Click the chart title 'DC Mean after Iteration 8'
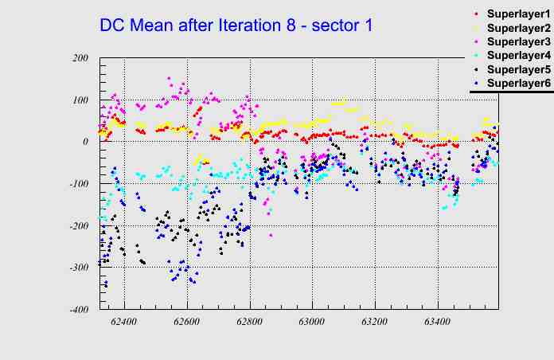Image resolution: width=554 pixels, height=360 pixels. (x=236, y=25)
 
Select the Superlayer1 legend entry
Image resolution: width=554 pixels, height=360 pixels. (x=517, y=15)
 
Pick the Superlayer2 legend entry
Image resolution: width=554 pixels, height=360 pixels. (x=517, y=29)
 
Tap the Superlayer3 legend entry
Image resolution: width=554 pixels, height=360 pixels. (x=517, y=42)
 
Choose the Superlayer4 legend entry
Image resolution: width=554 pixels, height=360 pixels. (x=517, y=56)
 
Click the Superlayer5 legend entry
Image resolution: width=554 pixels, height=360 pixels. (x=517, y=69)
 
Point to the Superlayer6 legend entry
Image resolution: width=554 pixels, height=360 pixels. (x=517, y=83)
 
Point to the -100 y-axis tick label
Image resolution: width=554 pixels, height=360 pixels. (x=77, y=184)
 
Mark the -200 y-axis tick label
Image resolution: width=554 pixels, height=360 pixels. (x=77, y=226)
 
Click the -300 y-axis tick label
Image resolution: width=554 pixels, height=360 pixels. (x=77, y=268)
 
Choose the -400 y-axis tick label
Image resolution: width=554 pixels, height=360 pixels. (x=77, y=310)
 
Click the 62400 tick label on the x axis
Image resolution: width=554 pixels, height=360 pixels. (x=124, y=323)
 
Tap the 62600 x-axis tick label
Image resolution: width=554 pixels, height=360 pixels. (x=187, y=323)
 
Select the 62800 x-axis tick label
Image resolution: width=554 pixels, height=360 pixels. (x=249, y=323)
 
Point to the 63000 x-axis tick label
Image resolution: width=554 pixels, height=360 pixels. (x=311, y=323)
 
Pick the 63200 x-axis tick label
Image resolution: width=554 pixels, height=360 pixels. (x=374, y=323)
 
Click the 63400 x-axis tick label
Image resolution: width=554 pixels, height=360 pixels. (x=436, y=323)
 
